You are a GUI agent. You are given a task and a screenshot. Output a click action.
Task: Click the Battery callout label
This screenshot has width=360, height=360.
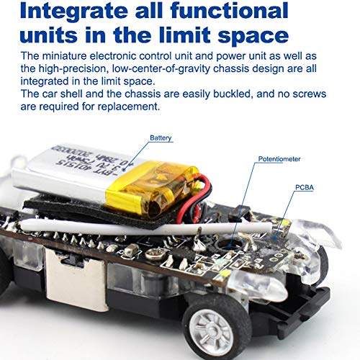161,138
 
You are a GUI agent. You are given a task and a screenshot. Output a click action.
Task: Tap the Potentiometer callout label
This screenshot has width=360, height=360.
279,159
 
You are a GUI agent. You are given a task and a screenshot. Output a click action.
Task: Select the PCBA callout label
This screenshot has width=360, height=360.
305,187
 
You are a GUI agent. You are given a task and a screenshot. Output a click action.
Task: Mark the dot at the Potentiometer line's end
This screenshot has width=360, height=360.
230,246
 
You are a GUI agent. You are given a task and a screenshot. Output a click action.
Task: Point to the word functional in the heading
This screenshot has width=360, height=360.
229,11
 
